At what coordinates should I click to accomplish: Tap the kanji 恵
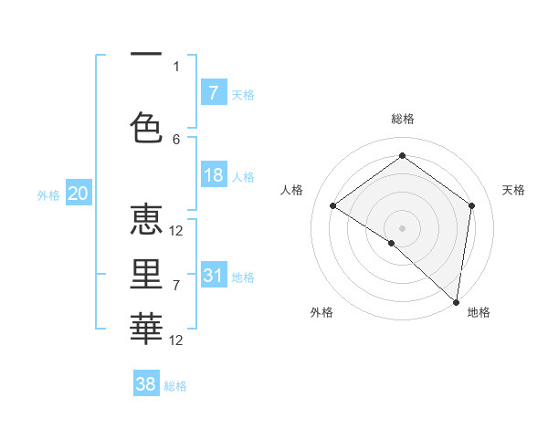tap(146, 221)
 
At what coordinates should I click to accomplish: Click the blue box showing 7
tap(214, 93)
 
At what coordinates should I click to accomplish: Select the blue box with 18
tap(214, 175)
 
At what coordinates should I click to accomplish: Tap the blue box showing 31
tap(214, 276)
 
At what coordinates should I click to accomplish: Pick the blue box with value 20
tap(78, 194)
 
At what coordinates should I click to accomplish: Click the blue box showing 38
tap(146, 384)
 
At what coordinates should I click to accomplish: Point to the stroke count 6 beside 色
tap(176, 139)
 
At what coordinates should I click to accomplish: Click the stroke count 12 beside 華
tap(176, 340)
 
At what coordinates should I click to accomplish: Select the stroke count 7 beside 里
tap(176, 286)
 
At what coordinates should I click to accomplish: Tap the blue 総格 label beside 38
tap(175, 386)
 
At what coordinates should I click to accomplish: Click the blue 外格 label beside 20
tap(47, 194)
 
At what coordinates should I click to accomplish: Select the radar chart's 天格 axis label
tap(513, 190)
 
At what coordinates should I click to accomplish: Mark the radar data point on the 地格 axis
tap(456, 300)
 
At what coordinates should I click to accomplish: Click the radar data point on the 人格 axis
tap(333, 205)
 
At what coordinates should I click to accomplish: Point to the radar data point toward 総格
tap(402, 156)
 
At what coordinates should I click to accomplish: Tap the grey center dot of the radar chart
tap(402, 226)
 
